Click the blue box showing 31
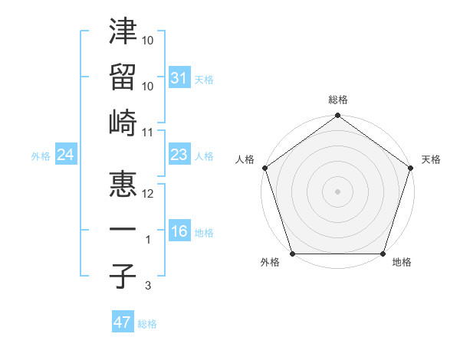(179, 78)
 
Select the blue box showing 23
(179, 155)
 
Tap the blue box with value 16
(179, 232)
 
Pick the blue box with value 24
(65, 155)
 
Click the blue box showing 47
(123, 322)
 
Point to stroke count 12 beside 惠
(148, 194)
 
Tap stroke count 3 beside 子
(149, 286)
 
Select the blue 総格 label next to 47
(147, 324)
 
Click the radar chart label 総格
(337, 100)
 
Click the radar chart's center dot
(337, 191)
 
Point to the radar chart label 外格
(270, 263)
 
